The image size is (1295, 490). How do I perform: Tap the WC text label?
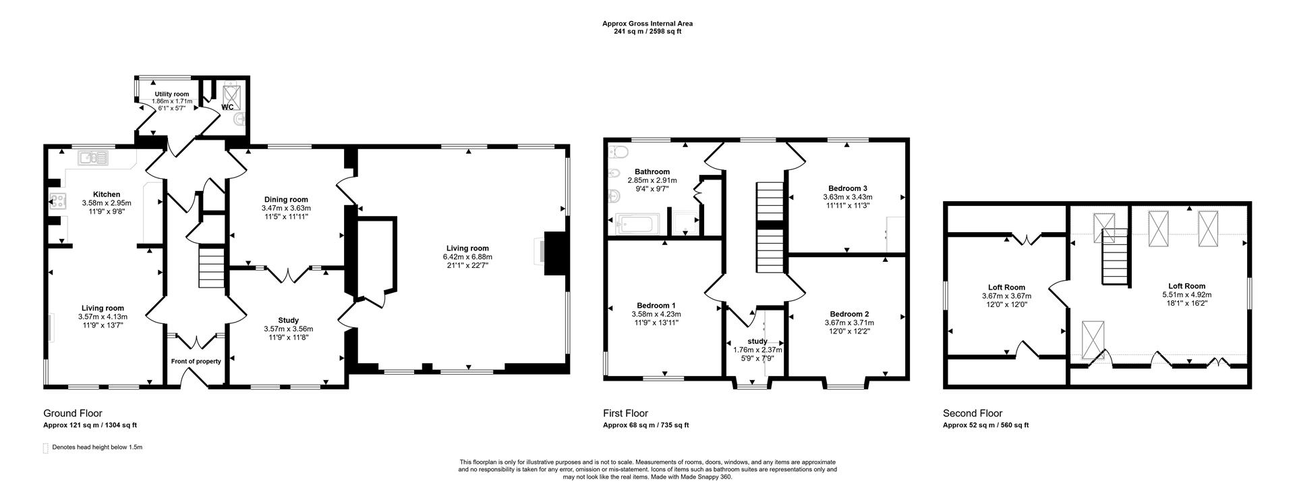227,107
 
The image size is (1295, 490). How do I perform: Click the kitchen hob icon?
57,200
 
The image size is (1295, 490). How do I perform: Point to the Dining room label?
286,199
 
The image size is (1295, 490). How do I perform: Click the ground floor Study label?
288,320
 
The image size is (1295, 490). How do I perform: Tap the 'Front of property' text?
196,361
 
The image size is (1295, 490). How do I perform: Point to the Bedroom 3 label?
848,188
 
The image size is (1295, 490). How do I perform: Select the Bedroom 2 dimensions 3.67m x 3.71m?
849,323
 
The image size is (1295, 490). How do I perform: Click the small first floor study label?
757,341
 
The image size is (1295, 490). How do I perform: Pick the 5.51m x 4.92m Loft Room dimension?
1186,294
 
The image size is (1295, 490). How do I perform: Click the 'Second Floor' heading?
972,413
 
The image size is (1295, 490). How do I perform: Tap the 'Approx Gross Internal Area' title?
647,24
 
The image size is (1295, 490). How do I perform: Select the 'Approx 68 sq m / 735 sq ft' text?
645,425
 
